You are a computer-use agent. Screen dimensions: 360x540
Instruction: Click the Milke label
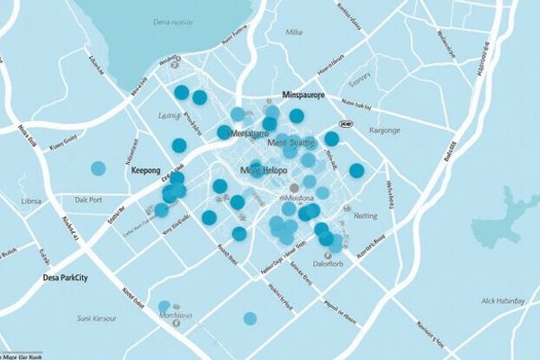pyautogui.click(x=293, y=31)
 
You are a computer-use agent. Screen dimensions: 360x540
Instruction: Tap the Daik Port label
pyautogui.click(x=89, y=199)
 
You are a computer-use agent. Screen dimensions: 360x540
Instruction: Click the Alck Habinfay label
pyautogui.click(x=501, y=301)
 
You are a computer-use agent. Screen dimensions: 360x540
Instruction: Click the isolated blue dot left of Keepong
pyautogui.click(x=98, y=167)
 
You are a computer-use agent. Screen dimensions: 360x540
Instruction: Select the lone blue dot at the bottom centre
pyautogui.click(x=250, y=318)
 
